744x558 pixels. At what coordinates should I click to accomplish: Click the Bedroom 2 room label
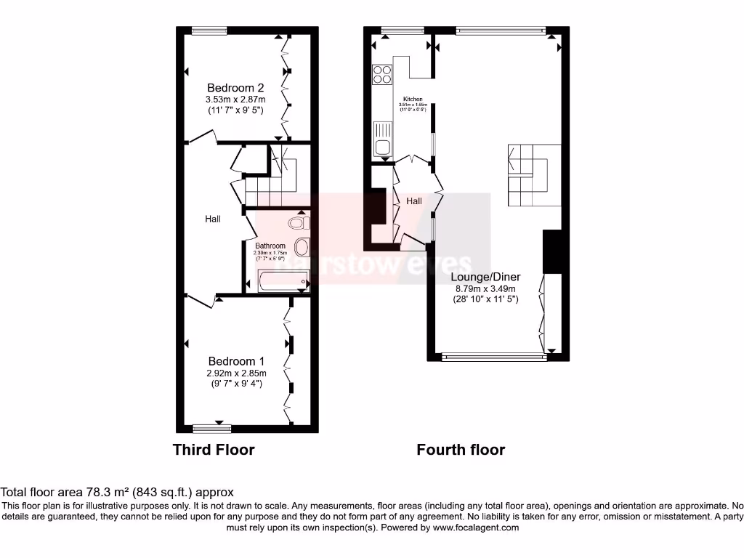click(235, 88)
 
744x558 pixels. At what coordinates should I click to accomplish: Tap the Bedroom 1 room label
click(236, 361)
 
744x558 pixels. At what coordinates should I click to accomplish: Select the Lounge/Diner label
click(485, 277)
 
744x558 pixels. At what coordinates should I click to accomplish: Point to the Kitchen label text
click(413, 99)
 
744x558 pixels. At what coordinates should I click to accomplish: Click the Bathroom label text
click(270, 246)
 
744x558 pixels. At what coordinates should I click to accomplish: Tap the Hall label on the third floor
click(212, 219)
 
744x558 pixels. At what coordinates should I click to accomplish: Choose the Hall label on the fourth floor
click(414, 201)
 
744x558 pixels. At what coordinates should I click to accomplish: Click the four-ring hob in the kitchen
click(381, 74)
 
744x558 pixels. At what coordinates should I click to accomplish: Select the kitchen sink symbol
click(382, 139)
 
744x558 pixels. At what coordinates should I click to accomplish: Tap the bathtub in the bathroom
click(283, 281)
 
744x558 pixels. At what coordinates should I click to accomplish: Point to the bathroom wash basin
click(302, 246)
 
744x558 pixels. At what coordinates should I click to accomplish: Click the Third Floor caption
click(214, 450)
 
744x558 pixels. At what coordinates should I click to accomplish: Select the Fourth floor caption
click(461, 450)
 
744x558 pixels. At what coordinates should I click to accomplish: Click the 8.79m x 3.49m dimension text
click(485, 288)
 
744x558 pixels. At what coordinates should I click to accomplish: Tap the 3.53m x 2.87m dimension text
click(235, 100)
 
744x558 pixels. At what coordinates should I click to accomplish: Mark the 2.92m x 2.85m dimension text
click(236, 373)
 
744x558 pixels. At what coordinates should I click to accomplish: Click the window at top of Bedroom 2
click(209, 31)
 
